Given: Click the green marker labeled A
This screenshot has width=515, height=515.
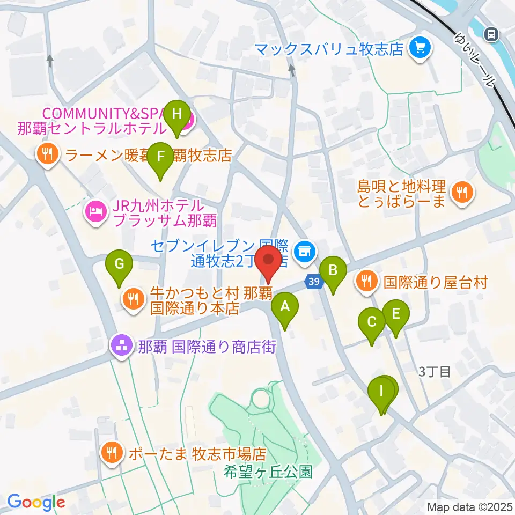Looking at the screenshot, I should pos(285,308).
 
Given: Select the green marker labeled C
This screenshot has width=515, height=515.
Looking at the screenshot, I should pos(372,323).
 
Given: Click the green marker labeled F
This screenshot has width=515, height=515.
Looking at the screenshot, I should pos(160,158).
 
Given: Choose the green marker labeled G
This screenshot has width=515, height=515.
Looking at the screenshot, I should pos(119,265).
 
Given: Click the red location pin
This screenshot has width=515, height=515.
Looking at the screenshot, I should pos(268,261).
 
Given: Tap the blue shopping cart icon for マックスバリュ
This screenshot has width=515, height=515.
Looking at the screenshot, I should pos(418,49).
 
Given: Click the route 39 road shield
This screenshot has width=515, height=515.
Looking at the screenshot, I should pos(314,281).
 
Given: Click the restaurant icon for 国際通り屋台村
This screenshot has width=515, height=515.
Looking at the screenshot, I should pos(367,281).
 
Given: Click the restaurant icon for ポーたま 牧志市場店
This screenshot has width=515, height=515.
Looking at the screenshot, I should pos(112,454).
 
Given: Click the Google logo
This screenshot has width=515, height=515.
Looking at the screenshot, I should pos(35,502).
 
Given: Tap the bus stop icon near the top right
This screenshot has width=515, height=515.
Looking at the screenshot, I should pos(490,35).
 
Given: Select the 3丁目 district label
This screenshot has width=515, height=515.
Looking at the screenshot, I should pos(435,371).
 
